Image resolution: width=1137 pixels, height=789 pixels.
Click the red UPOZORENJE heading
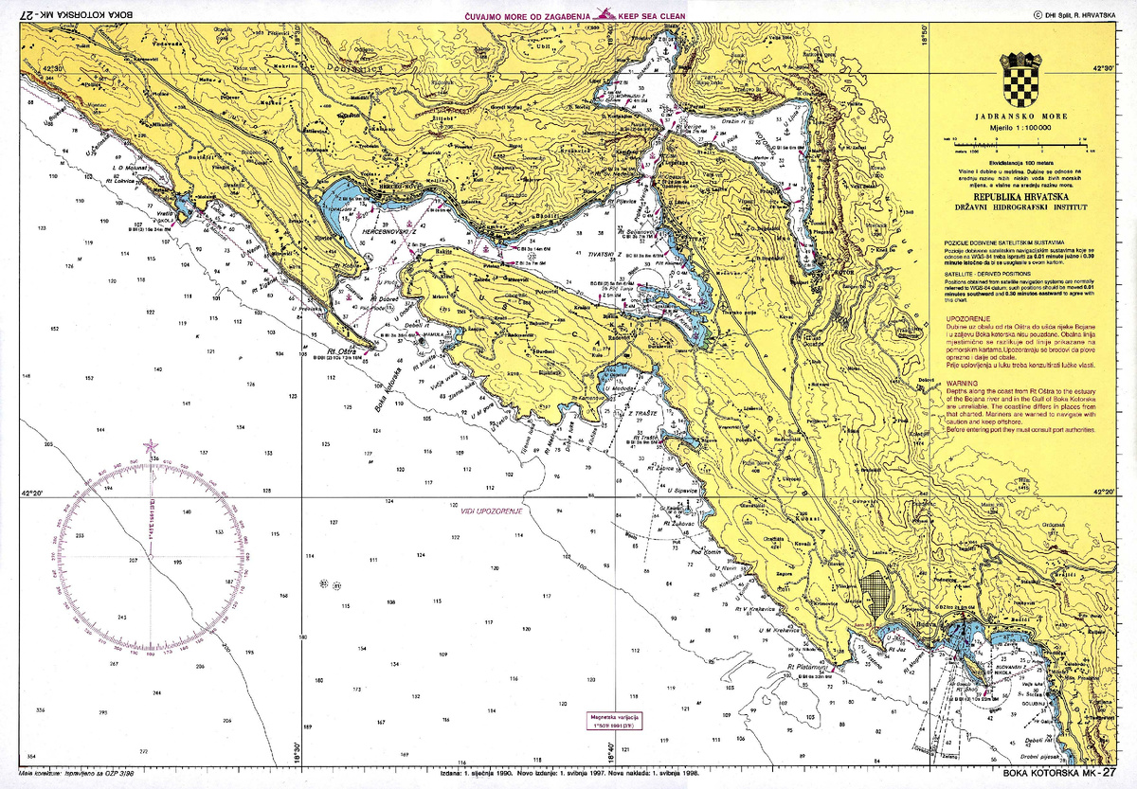click(x=966, y=318)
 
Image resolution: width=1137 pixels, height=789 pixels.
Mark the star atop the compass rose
click(x=150, y=447)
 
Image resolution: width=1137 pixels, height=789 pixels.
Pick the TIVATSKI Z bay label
click(x=605, y=256)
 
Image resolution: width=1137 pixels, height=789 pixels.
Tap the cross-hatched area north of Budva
click(x=881, y=594)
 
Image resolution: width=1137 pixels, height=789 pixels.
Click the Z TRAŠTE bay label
click(x=641, y=413)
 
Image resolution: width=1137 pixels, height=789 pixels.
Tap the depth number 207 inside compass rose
click(x=133, y=562)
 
